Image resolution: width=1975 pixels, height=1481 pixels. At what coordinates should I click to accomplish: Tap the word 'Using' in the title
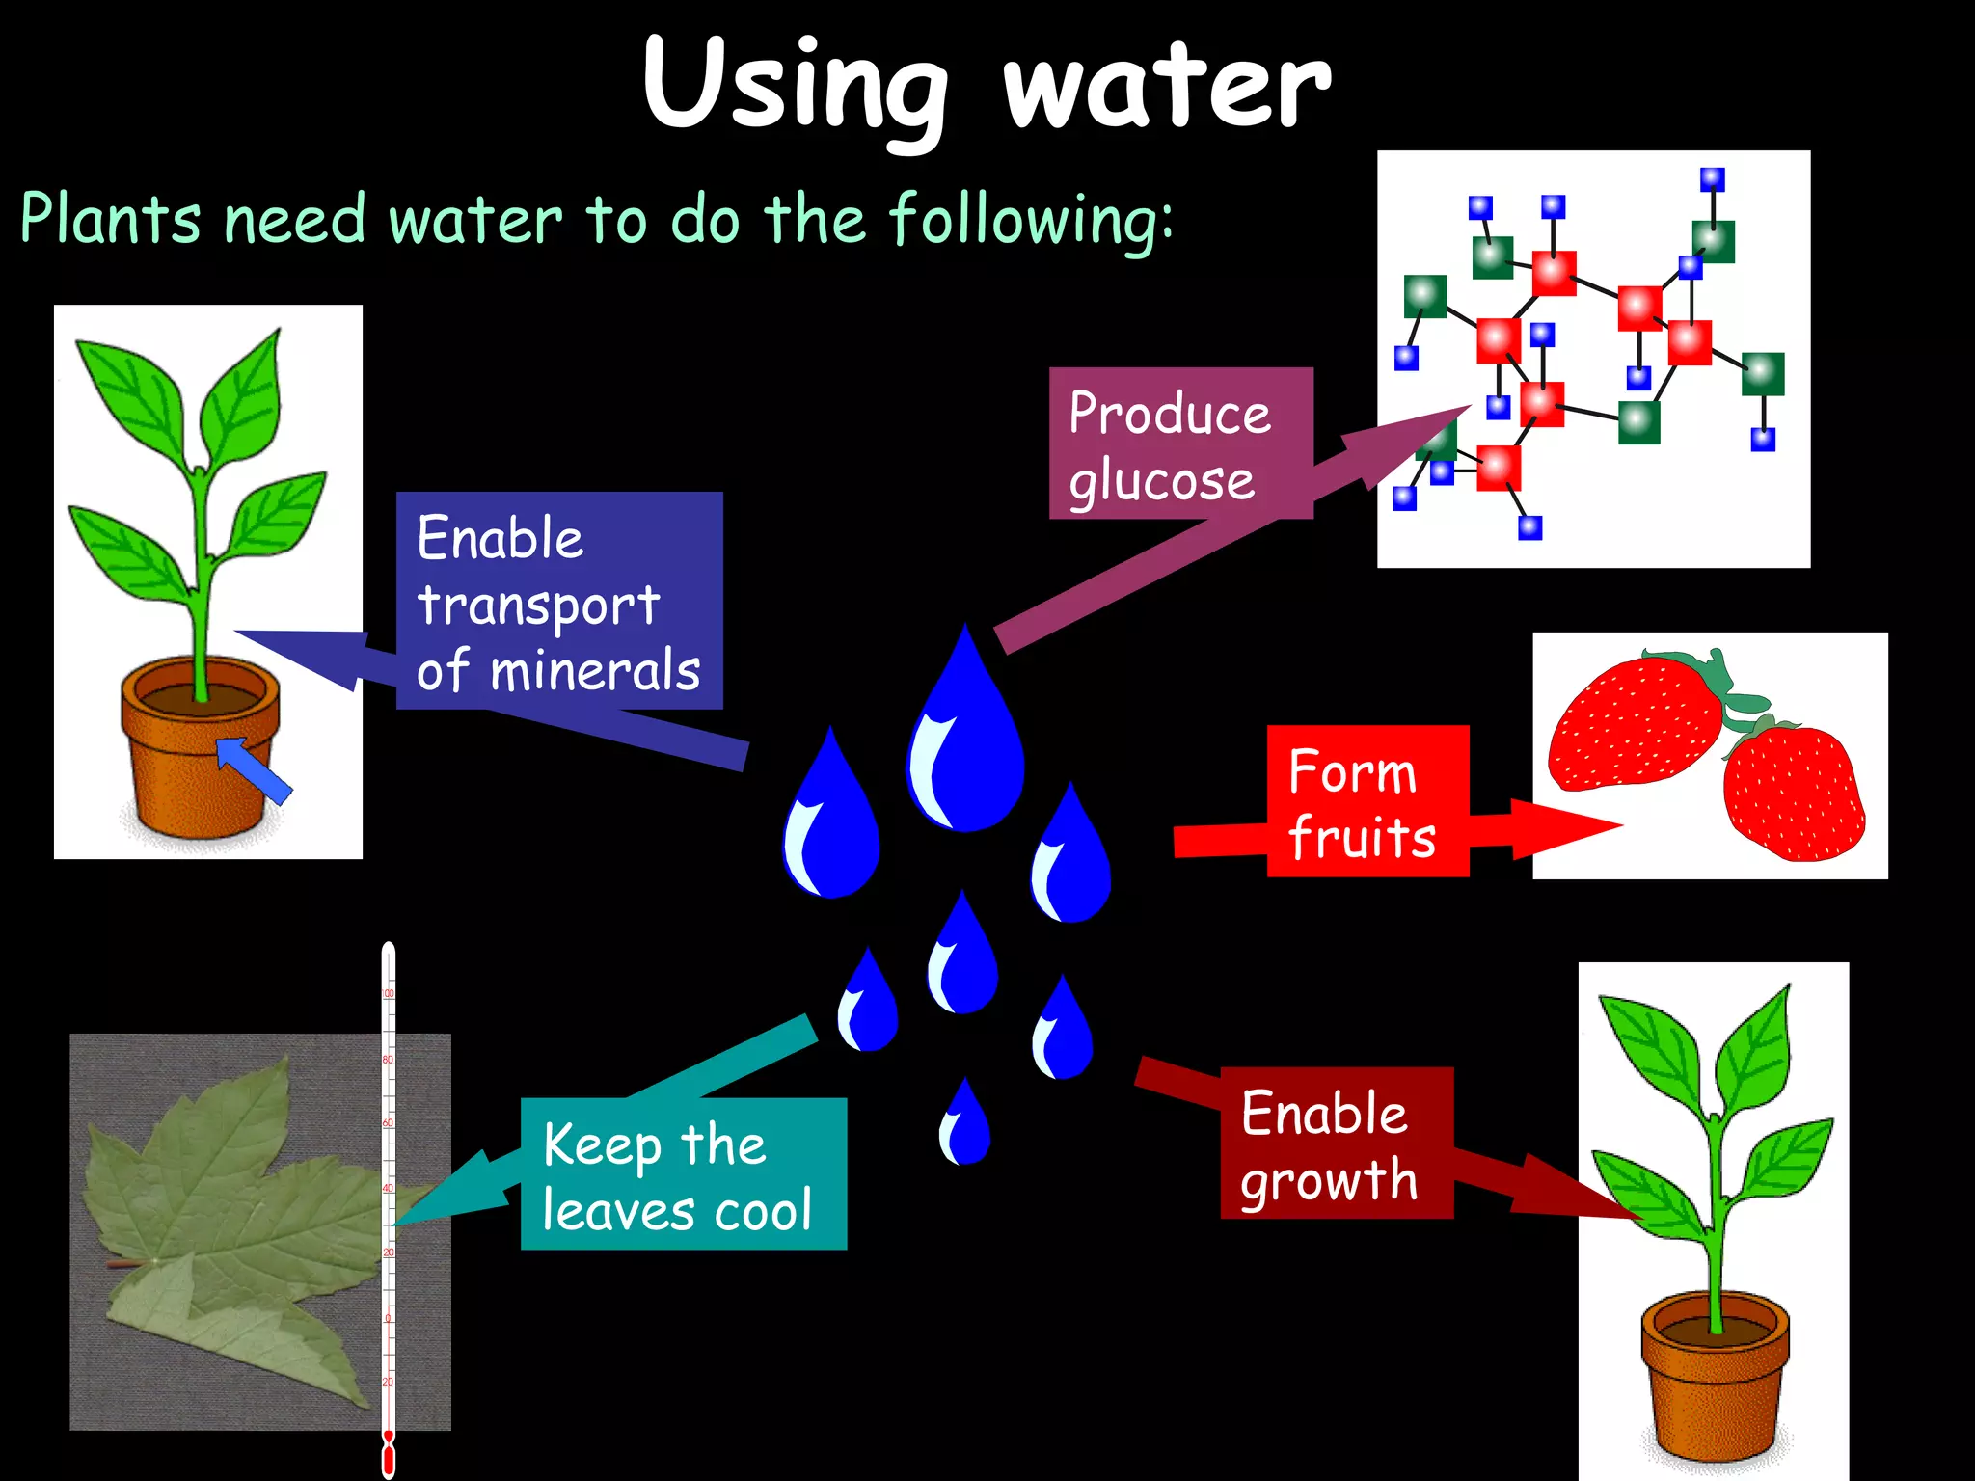click(x=796, y=87)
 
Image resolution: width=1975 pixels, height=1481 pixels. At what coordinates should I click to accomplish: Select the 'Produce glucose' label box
click(x=1180, y=444)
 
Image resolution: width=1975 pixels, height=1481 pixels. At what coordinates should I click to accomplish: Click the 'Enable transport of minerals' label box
click(x=559, y=601)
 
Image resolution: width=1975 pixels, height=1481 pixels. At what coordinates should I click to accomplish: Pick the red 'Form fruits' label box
click(x=1367, y=801)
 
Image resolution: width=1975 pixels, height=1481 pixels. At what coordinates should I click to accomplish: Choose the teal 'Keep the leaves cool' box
click(x=683, y=1173)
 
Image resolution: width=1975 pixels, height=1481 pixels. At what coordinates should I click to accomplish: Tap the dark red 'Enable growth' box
click(x=1337, y=1143)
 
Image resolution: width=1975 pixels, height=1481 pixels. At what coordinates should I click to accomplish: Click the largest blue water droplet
click(x=964, y=738)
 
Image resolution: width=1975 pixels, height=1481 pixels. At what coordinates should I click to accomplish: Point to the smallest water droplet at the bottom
click(x=964, y=1125)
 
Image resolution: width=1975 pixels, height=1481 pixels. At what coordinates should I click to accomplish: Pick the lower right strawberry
click(x=1794, y=794)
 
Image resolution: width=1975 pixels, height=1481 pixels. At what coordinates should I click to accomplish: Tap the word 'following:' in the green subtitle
click(x=1031, y=221)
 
